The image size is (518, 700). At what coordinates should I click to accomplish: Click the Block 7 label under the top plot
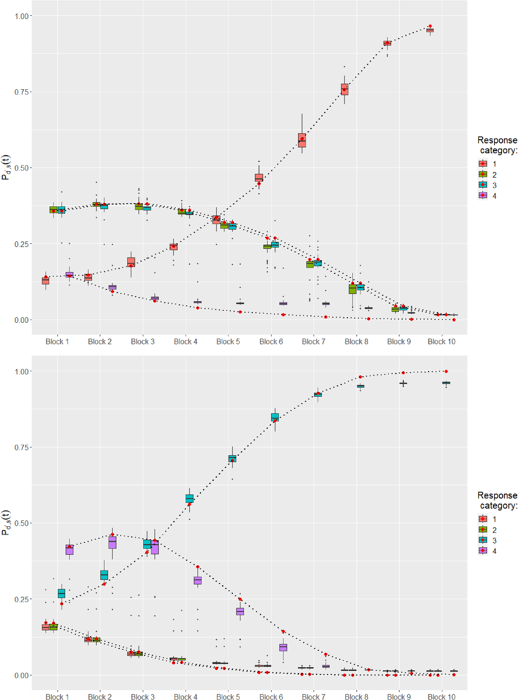click(x=314, y=342)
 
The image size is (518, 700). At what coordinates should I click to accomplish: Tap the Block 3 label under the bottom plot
click(x=142, y=696)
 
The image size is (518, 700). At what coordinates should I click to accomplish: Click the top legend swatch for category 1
click(x=483, y=164)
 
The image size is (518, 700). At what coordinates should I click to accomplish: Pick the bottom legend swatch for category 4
click(x=483, y=551)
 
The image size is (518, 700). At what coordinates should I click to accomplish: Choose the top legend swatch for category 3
click(x=483, y=185)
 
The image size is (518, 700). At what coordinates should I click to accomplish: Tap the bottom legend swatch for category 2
click(x=483, y=530)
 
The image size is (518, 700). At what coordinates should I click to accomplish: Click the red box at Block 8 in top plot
click(x=344, y=90)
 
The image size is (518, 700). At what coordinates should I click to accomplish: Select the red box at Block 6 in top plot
click(x=259, y=178)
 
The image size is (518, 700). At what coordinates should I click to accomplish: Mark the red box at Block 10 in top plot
click(x=430, y=30)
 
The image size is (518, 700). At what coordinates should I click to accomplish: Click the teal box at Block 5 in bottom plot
click(x=232, y=458)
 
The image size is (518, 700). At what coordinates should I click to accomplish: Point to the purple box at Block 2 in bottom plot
click(x=112, y=542)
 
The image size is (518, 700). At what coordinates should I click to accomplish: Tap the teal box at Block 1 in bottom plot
click(x=61, y=593)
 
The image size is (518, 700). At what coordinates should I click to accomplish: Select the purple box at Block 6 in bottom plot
click(x=283, y=647)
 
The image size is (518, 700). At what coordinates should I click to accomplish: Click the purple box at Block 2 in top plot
click(x=112, y=287)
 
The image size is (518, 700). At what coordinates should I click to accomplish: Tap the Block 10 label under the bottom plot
click(x=441, y=696)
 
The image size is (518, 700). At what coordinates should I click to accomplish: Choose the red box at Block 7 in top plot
click(x=302, y=140)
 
